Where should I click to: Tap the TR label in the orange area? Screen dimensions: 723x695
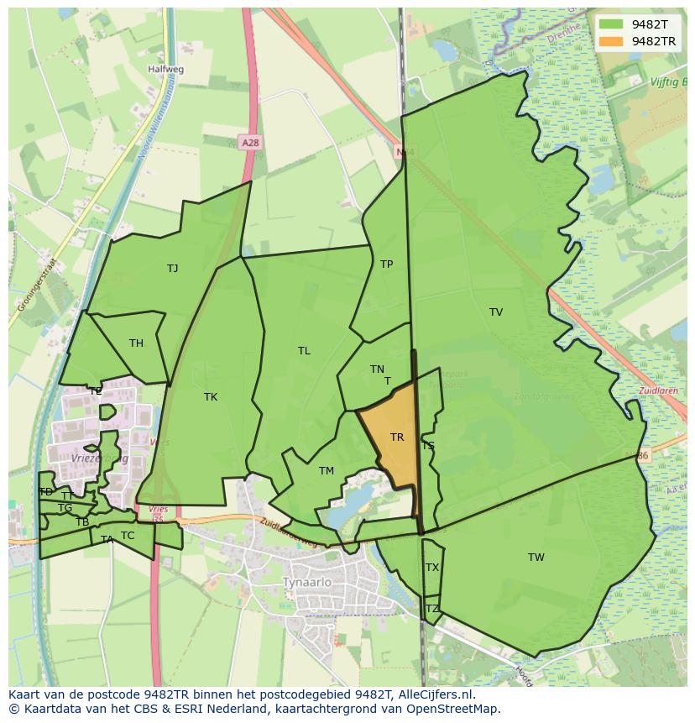[x=397, y=437]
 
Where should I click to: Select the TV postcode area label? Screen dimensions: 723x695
[x=496, y=312]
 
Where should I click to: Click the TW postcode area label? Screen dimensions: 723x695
[x=536, y=558]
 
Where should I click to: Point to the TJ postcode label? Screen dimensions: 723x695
[x=172, y=269]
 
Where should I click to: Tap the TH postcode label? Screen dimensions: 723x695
[x=136, y=343]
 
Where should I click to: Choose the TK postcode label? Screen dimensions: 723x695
[x=211, y=397]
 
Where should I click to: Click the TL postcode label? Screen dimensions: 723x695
[x=304, y=351]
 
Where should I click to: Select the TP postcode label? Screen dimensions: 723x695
[x=386, y=265]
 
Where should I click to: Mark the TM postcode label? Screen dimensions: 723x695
[x=327, y=471]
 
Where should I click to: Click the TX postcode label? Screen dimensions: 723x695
[x=432, y=568]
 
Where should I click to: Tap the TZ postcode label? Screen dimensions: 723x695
[x=432, y=609]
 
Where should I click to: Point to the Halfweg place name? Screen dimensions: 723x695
[x=165, y=70]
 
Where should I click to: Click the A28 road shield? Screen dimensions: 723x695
[x=249, y=143]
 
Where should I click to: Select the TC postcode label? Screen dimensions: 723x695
[x=128, y=536]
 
